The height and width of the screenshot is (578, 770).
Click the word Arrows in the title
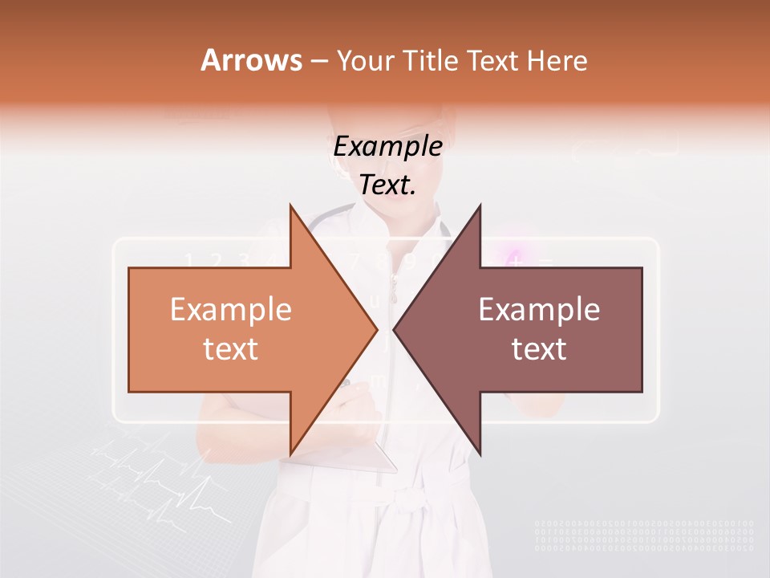pyautogui.click(x=251, y=60)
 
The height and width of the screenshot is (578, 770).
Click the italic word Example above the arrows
pyautogui.click(x=388, y=146)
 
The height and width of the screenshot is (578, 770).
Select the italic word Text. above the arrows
pyautogui.click(x=388, y=185)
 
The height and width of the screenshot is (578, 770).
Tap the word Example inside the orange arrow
pyautogui.click(x=231, y=309)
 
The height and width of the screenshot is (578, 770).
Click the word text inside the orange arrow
pyautogui.click(x=231, y=349)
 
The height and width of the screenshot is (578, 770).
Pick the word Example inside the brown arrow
pyautogui.click(x=539, y=309)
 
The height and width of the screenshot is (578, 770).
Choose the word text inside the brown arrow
pyautogui.click(x=539, y=349)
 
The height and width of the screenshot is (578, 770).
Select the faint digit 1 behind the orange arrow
pyautogui.click(x=190, y=260)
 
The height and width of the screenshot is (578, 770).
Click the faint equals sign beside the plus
pyautogui.click(x=545, y=262)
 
